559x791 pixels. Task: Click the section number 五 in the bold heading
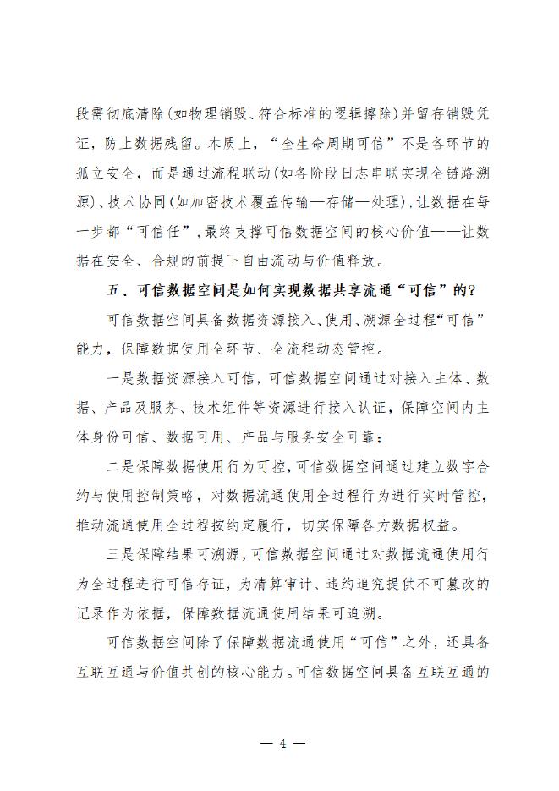[x=113, y=290]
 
